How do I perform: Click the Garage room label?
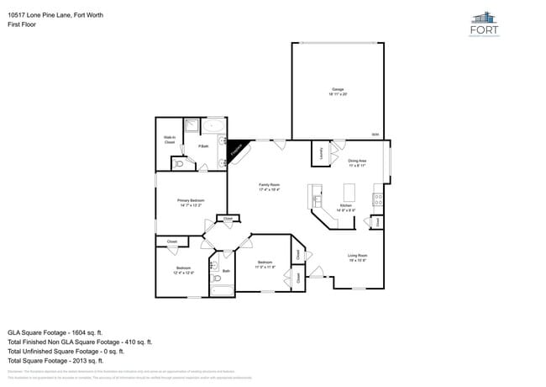337,92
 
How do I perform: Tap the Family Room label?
269,187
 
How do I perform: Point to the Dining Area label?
358,162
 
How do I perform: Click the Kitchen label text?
345,207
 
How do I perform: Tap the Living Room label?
359,257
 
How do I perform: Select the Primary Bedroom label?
191,202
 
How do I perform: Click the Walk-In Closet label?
169,140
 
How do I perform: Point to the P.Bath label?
203,147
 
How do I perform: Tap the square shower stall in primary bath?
192,127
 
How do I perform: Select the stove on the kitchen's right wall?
379,200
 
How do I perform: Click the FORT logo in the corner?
484,25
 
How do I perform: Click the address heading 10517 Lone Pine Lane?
55,15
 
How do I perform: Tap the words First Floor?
22,25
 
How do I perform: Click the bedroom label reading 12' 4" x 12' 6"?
183,271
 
